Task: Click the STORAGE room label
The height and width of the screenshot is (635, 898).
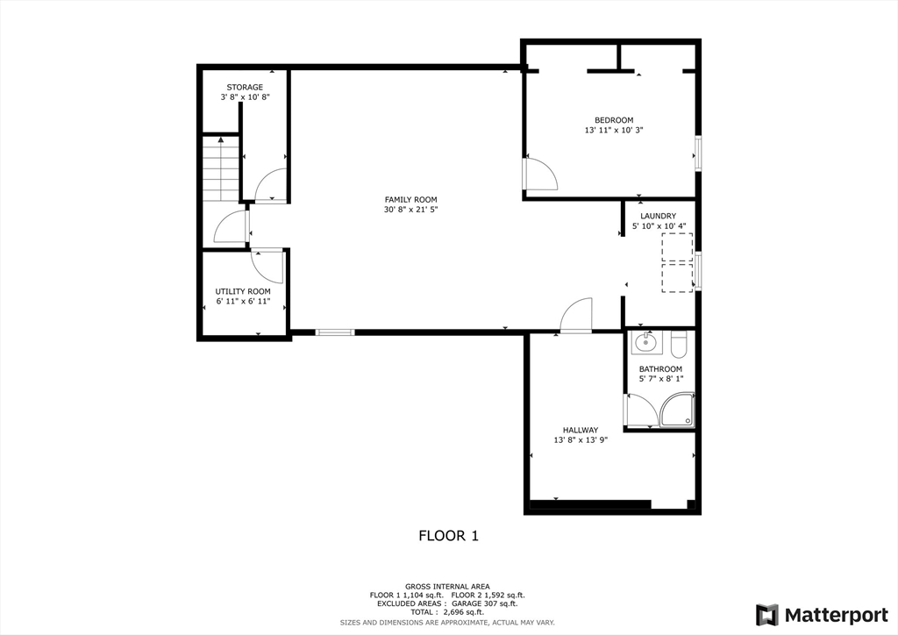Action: (245, 88)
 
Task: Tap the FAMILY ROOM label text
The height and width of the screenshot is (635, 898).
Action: (410, 200)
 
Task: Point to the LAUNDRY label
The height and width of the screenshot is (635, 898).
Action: (658, 216)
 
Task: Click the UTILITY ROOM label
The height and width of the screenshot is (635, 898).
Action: (243, 291)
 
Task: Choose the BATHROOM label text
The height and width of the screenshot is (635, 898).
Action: (660, 369)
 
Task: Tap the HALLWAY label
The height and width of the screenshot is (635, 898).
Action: (581, 430)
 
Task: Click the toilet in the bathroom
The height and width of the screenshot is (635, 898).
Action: (681, 341)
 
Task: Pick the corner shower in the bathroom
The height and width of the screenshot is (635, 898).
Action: (678, 410)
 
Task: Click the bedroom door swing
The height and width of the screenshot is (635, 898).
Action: (541, 174)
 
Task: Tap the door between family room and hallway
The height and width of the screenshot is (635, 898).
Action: (576, 316)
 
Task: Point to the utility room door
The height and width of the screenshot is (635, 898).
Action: (267, 265)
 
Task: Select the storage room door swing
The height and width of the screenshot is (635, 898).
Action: (270, 185)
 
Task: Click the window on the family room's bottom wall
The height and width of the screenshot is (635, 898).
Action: (335, 332)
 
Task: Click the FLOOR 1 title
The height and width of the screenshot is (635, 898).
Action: (448, 535)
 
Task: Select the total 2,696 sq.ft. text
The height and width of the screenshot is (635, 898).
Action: (447, 612)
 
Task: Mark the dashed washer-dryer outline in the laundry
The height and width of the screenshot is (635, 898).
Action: (676, 262)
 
